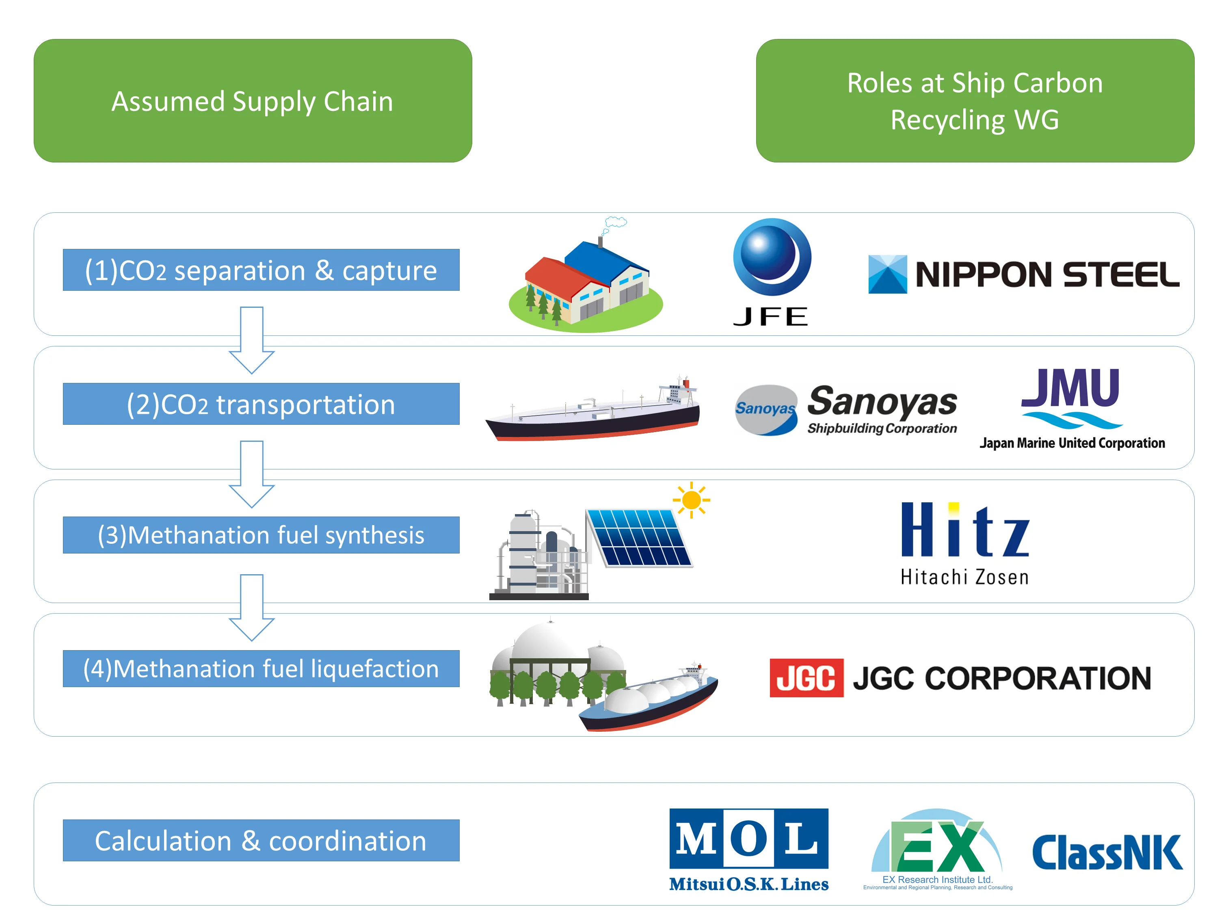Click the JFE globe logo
pos(772,257)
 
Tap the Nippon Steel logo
pos(1023,274)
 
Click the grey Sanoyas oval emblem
pos(766,410)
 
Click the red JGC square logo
pos(806,677)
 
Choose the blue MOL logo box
pos(748,838)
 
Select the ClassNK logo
pos(1107,852)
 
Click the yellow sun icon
pos(691,499)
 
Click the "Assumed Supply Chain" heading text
pos(253,101)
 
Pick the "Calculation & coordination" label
pos(261,841)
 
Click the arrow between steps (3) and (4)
pos(251,608)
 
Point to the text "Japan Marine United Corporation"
pos(1072,443)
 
